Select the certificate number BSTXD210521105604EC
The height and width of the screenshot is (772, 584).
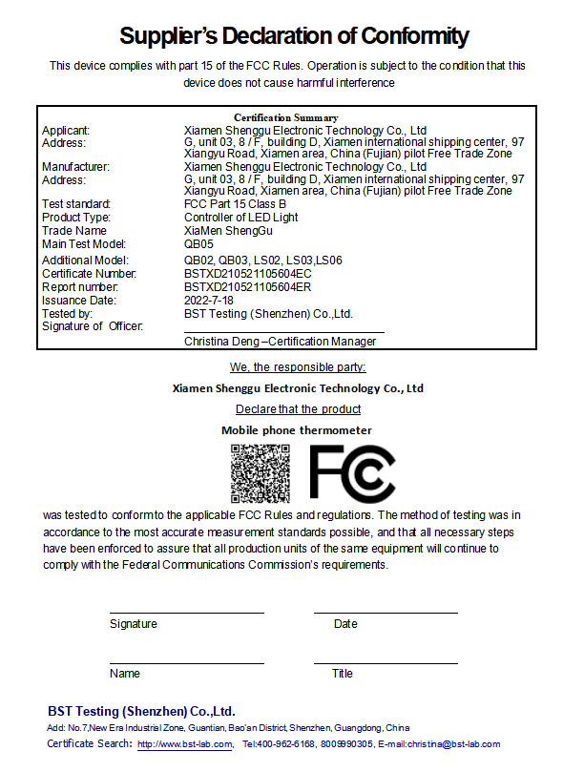click(x=247, y=274)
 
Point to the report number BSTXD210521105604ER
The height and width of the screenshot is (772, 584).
click(x=247, y=286)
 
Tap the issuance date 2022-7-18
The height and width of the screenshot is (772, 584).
click(x=207, y=300)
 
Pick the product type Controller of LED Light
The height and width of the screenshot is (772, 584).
click(x=240, y=218)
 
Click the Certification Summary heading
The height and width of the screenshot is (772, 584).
click(x=286, y=117)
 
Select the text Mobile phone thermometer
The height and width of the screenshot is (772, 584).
click(x=297, y=430)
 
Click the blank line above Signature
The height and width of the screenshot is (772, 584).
click(x=186, y=613)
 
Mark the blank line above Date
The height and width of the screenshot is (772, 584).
click(x=386, y=613)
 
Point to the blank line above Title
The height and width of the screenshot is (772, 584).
click(x=386, y=662)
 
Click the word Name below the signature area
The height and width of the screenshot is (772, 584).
click(x=125, y=674)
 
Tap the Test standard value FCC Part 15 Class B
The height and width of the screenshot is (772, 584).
click(x=235, y=204)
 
